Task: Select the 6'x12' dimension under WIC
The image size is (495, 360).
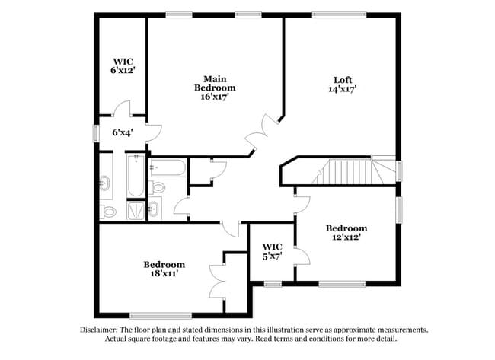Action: [122, 71]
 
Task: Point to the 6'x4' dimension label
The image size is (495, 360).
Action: [123, 132]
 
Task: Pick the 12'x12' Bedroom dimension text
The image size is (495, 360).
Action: [346, 237]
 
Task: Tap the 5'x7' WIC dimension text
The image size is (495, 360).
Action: [272, 256]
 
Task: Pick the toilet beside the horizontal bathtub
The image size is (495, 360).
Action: [158, 187]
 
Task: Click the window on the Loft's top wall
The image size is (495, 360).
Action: [338, 14]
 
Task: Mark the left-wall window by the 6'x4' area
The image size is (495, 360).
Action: [95, 132]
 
